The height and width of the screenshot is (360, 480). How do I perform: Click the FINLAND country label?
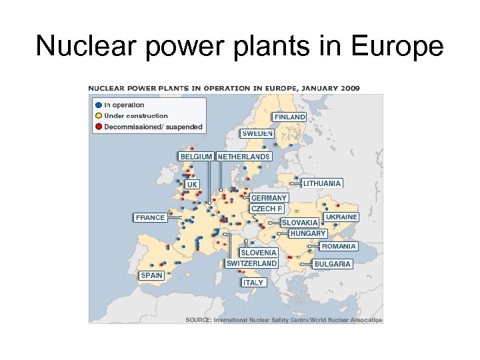[289, 117]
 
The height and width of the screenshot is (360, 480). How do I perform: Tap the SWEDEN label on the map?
[257, 133]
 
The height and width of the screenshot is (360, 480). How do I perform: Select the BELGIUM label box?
[196, 157]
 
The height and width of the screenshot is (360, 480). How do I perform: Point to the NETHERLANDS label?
[244, 157]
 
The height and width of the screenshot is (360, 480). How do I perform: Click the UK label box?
[192, 184]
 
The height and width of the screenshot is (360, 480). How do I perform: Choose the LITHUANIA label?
[323, 183]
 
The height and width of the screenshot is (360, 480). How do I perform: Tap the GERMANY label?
[269, 198]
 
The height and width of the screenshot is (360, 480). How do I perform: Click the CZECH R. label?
[267, 209]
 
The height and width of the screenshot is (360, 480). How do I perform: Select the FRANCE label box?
[150, 217]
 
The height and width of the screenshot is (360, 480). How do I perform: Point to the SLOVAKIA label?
[300, 223]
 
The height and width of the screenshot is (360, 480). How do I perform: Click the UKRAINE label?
[341, 217]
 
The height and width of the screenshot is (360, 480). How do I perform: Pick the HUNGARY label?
[308, 233]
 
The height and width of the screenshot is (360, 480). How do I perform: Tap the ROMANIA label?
[339, 246]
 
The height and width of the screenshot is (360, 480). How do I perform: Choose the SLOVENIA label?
[259, 253]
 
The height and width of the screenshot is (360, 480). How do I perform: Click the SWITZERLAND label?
[251, 263]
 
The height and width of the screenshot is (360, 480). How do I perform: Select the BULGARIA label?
[333, 264]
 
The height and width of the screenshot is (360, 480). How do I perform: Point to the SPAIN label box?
[152, 275]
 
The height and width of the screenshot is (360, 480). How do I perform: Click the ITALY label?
[253, 283]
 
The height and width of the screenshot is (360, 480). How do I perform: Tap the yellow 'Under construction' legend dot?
[99, 116]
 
